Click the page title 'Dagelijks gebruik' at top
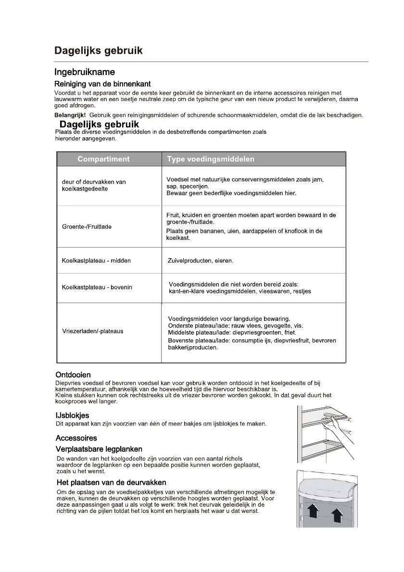click(x=98, y=50)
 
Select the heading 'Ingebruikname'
click(x=85, y=73)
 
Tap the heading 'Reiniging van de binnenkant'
click(x=103, y=84)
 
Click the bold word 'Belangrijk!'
click(x=70, y=115)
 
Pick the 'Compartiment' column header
click(x=103, y=159)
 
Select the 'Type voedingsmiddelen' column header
click(x=211, y=159)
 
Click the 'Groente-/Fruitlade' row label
click(x=87, y=226)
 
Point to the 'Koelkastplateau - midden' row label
click(x=96, y=261)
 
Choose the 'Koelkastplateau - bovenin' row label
click(x=97, y=287)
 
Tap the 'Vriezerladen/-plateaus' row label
click(x=93, y=331)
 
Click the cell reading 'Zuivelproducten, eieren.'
click(x=200, y=261)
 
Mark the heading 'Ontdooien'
click(x=73, y=374)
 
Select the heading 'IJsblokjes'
click(x=72, y=415)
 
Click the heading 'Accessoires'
click(x=76, y=438)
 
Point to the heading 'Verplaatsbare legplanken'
click(x=99, y=449)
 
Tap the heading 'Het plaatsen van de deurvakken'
click(x=111, y=482)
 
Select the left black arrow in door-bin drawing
click(x=314, y=512)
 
